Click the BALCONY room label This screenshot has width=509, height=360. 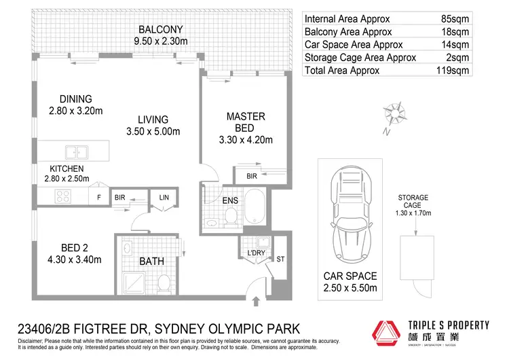161,30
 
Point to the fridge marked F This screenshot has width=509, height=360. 98,198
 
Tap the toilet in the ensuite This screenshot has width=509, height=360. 231,216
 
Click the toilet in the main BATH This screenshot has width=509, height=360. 164,281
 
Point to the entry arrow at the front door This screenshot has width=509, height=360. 256,302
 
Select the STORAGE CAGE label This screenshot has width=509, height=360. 413,201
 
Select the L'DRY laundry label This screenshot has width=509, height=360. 256,253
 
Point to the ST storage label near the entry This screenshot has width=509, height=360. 280,259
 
